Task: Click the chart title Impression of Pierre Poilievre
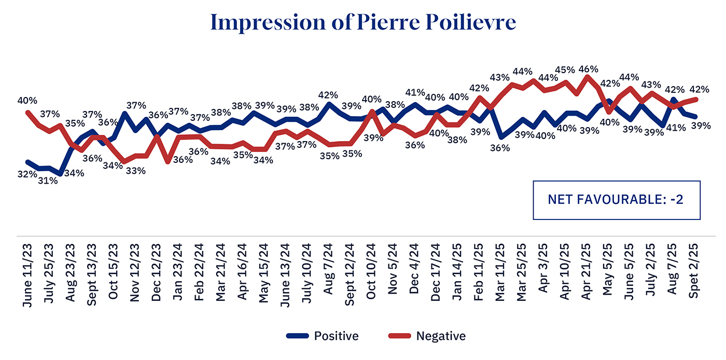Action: pos(363,23)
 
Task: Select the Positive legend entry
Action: pos(322,336)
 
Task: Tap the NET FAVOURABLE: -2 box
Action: pos(617,200)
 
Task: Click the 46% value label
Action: pos(589,69)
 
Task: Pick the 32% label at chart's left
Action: pos(27,175)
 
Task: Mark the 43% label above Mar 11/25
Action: pos(500,78)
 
